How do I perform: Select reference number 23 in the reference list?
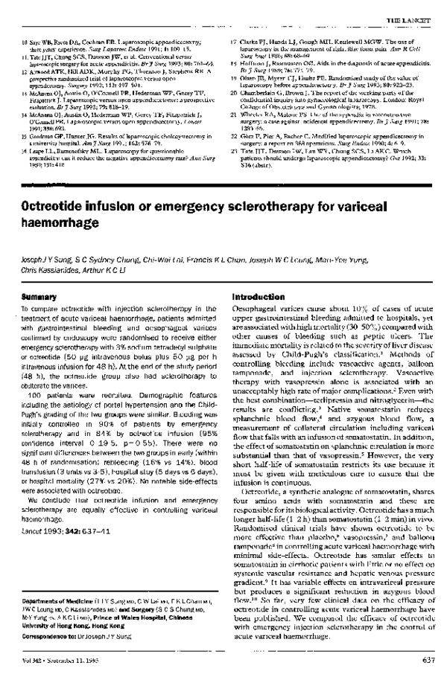click(233, 147)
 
